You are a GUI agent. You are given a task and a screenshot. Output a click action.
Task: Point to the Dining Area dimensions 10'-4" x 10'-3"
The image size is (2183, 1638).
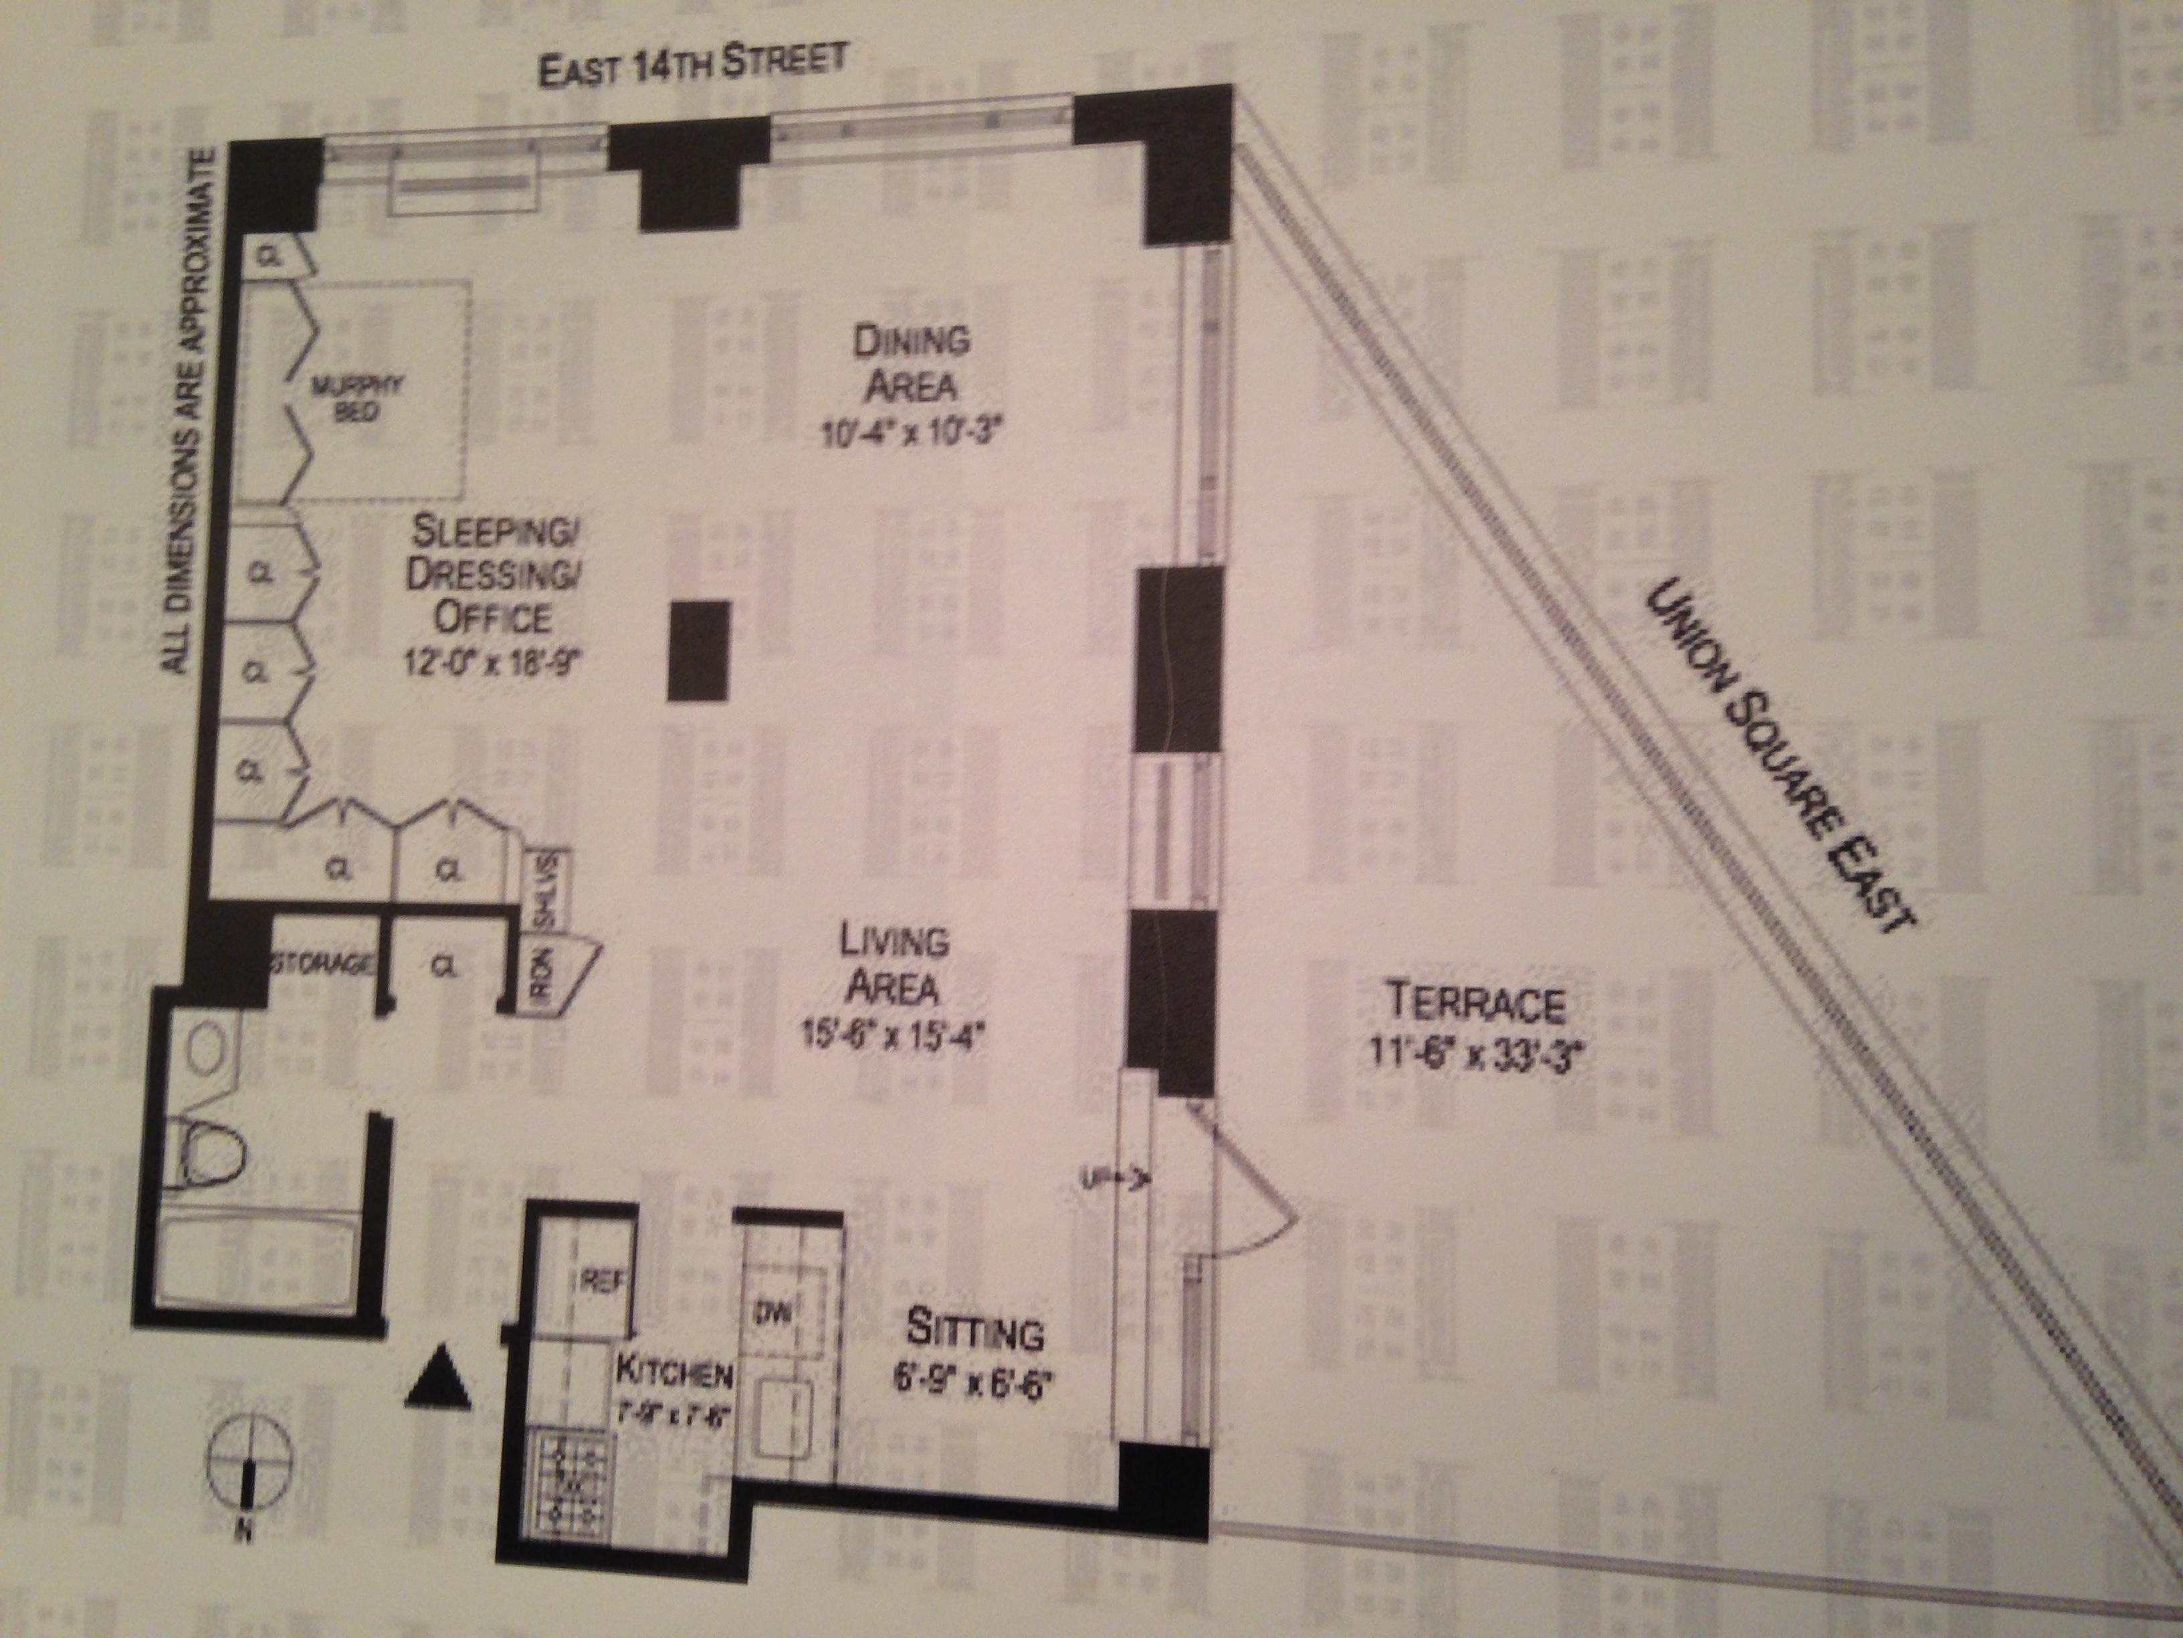pos(911,432)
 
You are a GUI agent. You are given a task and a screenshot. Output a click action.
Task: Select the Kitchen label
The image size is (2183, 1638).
pos(674,1372)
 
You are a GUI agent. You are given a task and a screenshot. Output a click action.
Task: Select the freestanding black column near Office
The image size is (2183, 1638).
pos(699,650)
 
